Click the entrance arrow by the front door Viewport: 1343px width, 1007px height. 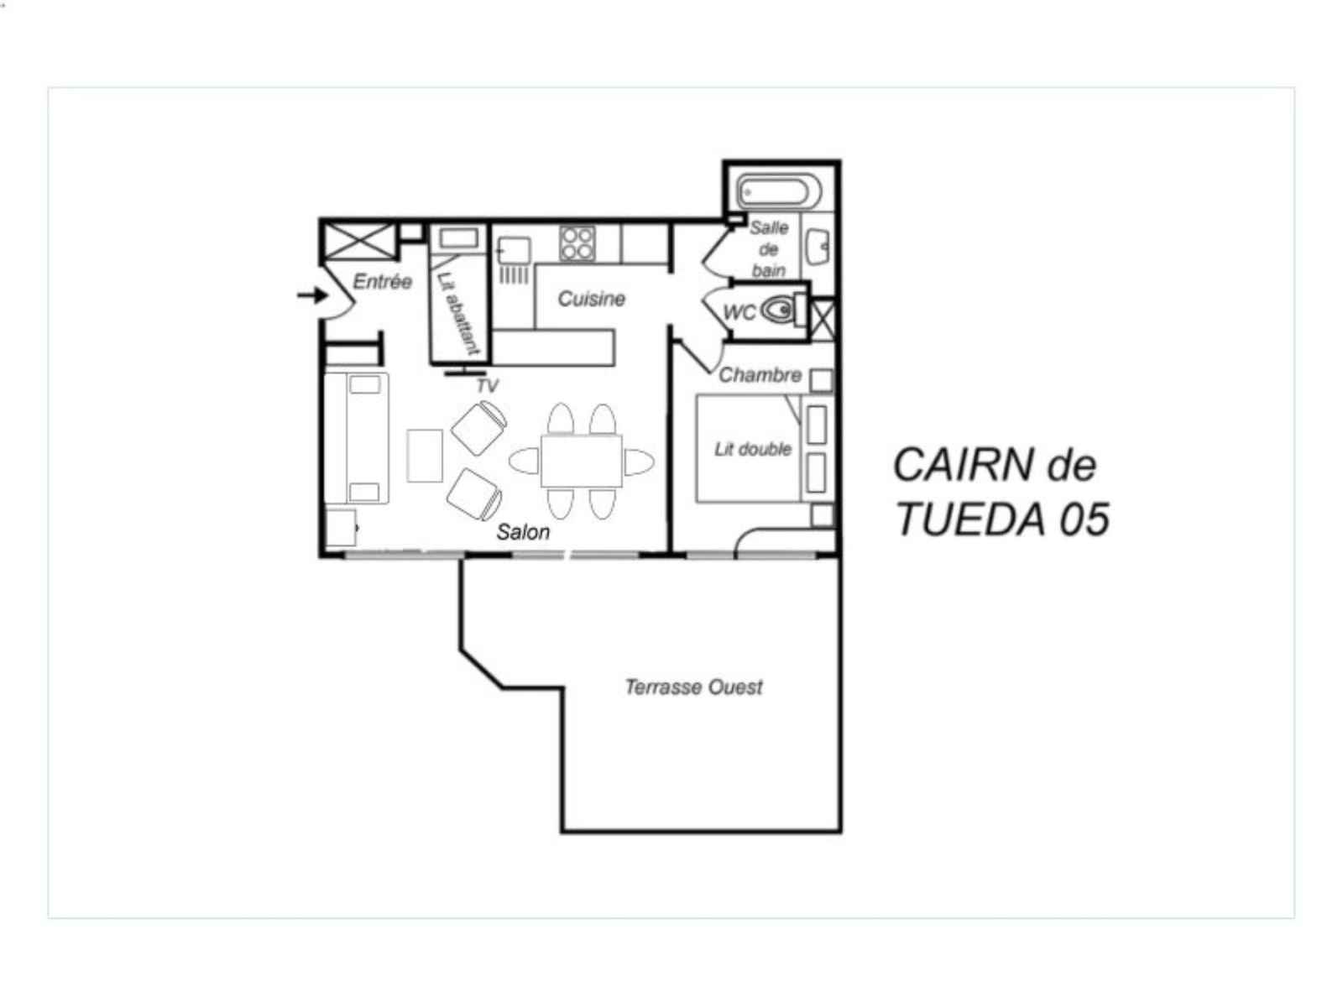tap(312, 296)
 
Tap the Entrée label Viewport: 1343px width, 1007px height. tap(383, 281)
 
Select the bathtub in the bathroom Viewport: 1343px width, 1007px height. tap(778, 192)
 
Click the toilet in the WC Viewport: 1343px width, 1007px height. tap(784, 310)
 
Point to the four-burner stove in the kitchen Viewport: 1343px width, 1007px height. tap(577, 244)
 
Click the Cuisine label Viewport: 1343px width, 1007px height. tap(592, 299)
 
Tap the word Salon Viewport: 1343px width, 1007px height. tap(523, 532)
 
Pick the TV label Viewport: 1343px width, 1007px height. tap(487, 386)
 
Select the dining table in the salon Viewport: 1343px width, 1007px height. tap(581, 461)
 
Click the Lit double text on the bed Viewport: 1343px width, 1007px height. tap(753, 450)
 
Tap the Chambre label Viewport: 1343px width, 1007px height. tap(760, 375)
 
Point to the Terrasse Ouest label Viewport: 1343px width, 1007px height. tap(693, 687)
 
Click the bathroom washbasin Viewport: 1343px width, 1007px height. tap(818, 247)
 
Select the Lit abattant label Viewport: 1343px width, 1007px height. tap(458, 313)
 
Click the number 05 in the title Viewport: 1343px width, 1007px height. tap(1084, 519)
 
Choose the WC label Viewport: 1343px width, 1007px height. tap(739, 312)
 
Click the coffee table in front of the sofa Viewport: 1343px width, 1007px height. tap(425, 456)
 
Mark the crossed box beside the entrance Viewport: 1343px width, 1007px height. tap(359, 241)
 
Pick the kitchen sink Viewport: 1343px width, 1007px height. tap(514, 251)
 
